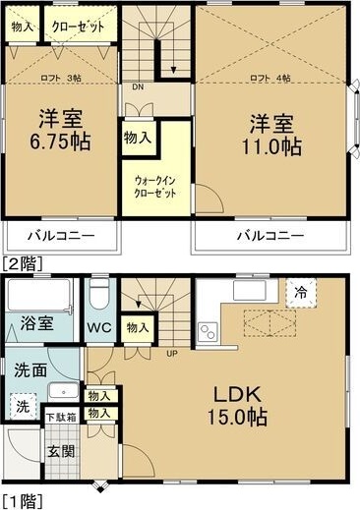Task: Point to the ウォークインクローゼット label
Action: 155,187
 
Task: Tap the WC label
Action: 97,325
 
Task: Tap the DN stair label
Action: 137,86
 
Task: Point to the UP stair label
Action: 170,352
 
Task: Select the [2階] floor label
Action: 21,261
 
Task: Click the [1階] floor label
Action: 21,501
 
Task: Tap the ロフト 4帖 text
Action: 270,76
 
